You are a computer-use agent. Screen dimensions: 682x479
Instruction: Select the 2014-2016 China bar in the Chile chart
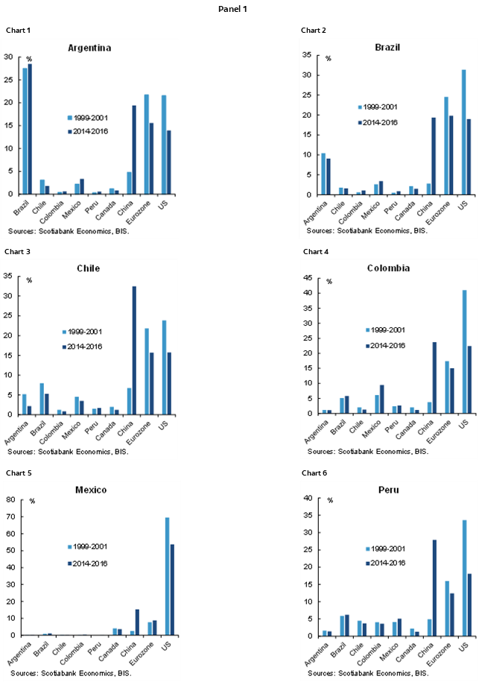tap(134, 350)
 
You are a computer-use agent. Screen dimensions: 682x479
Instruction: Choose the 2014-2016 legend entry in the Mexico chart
tap(89, 563)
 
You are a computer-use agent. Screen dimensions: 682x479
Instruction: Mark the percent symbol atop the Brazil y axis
tap(328, 58)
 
